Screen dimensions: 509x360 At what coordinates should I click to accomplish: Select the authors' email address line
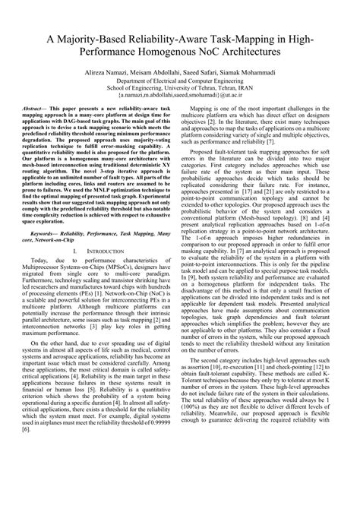[180, 107]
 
